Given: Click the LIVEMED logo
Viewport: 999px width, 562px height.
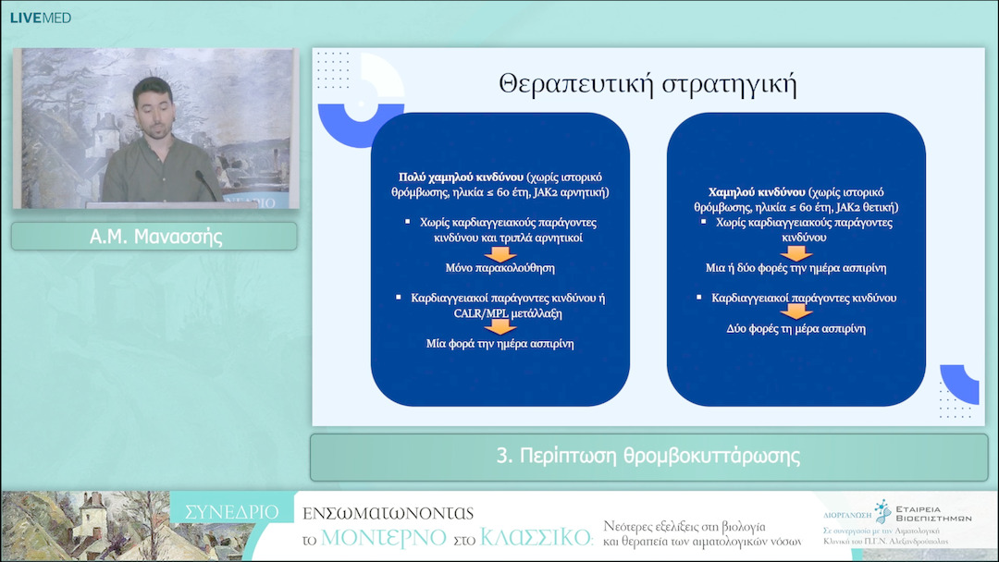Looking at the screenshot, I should click(x=40, y=18).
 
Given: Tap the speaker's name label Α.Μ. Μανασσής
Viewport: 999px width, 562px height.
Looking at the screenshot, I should click(x=154, y=237).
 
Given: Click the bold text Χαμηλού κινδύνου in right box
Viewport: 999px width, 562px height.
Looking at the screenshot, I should click(x=748, y=192).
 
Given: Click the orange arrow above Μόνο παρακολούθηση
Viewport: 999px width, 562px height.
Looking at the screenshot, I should click(x=500, y=253).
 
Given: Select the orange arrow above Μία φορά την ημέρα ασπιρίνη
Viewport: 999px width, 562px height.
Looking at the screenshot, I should click(x=500, y=327).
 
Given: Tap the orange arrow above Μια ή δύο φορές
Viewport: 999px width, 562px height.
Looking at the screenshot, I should click(x=795, y=253).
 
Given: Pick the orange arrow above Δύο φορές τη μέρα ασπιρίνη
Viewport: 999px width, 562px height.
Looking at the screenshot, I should click(x=795, y=312).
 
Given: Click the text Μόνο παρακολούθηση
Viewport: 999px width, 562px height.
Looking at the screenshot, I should click(x=499, y=268).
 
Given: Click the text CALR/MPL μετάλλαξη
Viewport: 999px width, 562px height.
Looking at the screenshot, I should click(x=499, y=313).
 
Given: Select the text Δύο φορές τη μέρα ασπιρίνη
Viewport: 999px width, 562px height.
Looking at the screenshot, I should click(x=795, y=328).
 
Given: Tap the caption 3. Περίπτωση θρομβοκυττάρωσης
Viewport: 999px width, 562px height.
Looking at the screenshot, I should click(x=647, y=457).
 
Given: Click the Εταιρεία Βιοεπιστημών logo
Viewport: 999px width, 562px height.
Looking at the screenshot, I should click(x=911, y=513).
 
